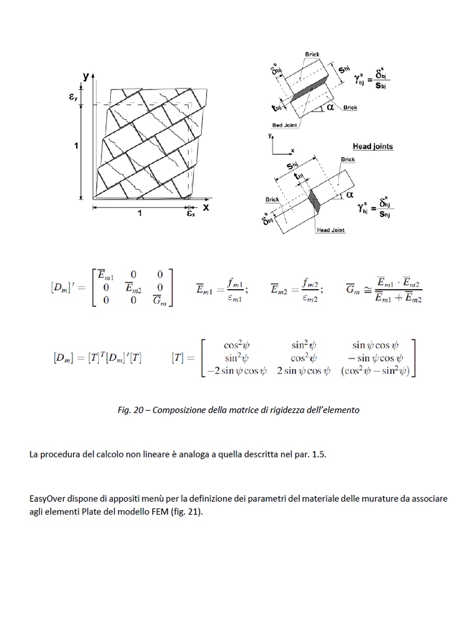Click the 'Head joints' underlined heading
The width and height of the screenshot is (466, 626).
tap(372, 147)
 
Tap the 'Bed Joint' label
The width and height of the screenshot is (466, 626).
tap(284, 125)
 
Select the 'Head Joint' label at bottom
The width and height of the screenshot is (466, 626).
tap(330, 230)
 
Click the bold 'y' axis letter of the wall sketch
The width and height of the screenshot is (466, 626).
tap(85, 77)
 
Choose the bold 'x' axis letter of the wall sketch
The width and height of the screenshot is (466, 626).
tap(206, 207)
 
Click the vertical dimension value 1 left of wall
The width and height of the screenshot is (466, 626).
tap(76, 146)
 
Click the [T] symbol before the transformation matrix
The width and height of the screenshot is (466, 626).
tap(178, 357)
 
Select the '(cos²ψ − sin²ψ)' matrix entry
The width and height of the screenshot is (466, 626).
tap(378, 370)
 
